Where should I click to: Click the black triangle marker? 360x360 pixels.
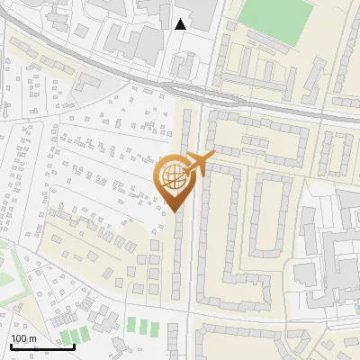(x=181, y=24)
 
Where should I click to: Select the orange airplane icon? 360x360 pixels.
(x=199, y=164)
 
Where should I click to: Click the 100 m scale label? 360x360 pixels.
(x=23, y=338)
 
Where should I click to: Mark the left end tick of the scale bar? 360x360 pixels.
(x=11, y=346)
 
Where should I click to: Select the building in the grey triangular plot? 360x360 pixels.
(x=87, y=83)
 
